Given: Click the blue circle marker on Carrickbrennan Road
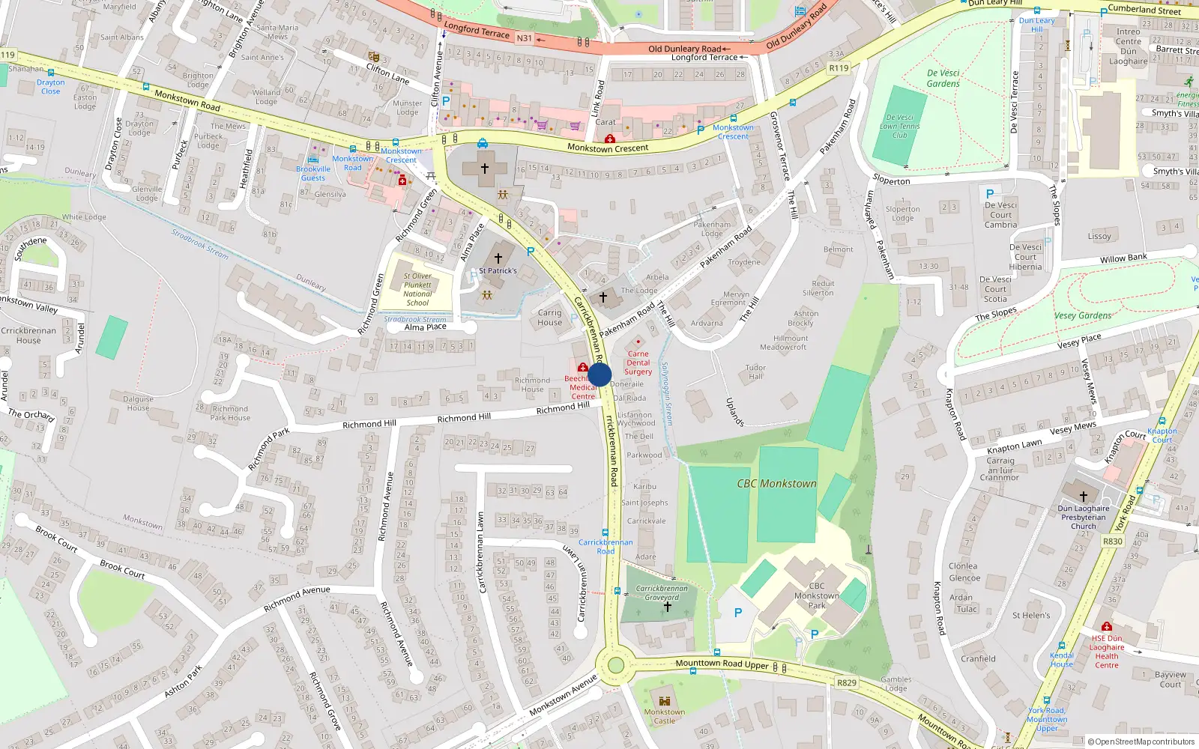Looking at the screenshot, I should point(599,374).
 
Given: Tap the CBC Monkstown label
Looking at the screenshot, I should point(776,484).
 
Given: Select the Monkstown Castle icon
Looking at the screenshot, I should point(664,700).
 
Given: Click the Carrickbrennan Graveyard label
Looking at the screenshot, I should point(662,592).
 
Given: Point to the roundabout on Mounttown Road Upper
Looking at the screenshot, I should point(616,665).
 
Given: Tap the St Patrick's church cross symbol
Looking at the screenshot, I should point(498,258).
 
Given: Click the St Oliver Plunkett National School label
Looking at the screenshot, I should point(417,289).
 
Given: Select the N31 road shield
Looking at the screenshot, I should point(525,38).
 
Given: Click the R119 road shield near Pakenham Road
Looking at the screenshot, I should point(839,68).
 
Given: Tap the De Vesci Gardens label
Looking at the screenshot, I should point(943,79).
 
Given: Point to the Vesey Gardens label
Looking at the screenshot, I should point(1083,315).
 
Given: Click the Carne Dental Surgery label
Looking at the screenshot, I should point(638,363).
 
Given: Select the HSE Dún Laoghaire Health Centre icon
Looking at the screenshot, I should point(1107,626).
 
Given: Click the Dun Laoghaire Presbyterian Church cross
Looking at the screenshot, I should point(1083,496).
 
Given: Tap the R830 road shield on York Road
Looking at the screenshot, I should point(1113,542).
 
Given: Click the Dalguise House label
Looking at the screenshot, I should point(138,404).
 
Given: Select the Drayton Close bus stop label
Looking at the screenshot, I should point(51,87).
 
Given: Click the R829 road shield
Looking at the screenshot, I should point(847,682).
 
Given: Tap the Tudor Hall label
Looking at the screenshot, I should point(755,372).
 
